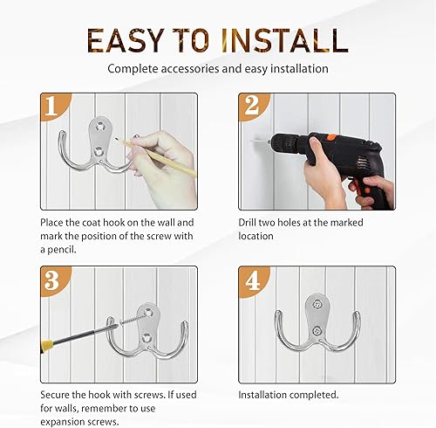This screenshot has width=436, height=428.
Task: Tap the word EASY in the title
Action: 126,40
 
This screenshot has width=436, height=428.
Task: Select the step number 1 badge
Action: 54,106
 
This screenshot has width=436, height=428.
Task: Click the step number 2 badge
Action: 252,106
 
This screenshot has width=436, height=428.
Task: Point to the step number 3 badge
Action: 54,280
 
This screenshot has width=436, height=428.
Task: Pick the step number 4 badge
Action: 252,281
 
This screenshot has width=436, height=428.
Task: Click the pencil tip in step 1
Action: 117,139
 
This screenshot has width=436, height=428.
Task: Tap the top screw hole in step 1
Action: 101,127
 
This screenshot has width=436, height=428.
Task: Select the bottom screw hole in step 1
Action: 98,151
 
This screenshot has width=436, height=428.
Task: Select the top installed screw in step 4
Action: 317,305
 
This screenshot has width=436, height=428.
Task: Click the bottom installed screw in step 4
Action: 317,330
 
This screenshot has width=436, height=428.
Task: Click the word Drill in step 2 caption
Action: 247,223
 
